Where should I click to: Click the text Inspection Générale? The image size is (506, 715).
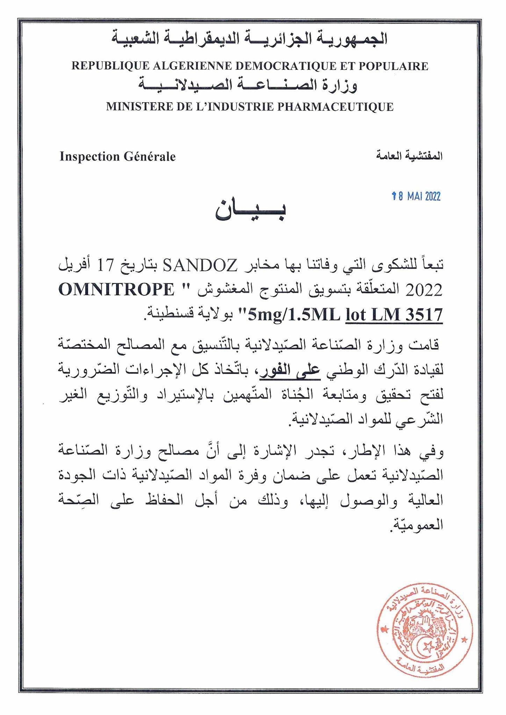(117, 157)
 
